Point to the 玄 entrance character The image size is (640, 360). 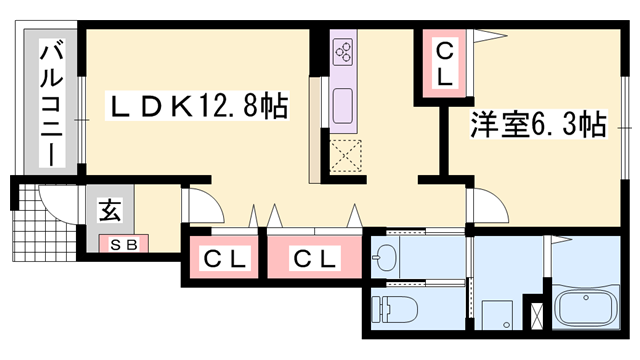pos(107,212)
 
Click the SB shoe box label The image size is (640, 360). pos(122,243)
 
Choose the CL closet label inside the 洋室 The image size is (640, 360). pos(443,63)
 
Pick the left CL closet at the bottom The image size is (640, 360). pos(225,259)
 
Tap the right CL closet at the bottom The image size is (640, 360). pos(315,259)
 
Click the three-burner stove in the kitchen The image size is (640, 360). pos(343,50)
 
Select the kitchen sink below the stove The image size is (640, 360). pos(343,103)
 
